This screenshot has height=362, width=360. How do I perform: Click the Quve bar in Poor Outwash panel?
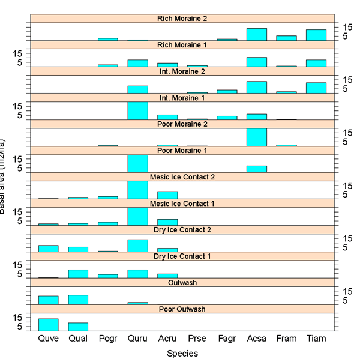click(x=48, y=325)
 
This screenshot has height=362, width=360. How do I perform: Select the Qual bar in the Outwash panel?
click(x=78, y=300)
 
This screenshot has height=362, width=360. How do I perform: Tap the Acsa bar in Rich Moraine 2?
click(x=257, y=34)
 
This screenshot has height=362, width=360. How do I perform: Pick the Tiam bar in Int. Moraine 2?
click(x=316, y=88)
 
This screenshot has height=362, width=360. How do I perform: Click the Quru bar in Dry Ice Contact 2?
click(x=137, y=246)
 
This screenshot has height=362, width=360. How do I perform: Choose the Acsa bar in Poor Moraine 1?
click(x=257, y=169)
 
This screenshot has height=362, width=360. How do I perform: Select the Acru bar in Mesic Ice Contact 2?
click(x=167, y=195)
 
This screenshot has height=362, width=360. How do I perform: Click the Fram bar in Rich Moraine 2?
click(x=286, y=38)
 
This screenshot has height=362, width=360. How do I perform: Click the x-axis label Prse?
click(x=197, y=339)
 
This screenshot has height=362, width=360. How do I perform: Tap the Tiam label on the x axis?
click(x=316, y=339)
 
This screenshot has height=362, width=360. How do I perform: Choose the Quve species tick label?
click(x=48, y=339)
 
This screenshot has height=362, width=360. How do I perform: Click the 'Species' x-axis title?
click(x=182, y=354)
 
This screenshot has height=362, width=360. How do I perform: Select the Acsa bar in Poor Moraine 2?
click(x=257, y=137)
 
